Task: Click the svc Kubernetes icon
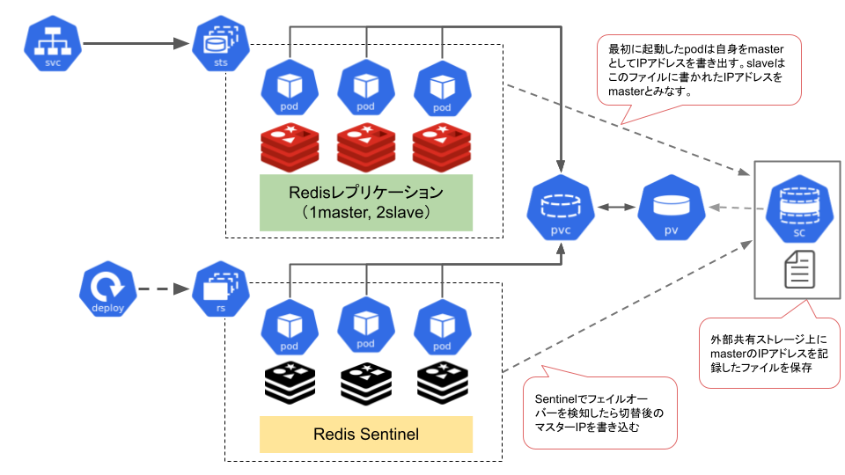pyautogui.click(x=53, y=43)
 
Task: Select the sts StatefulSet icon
pyautogui.click(x=217, y=43)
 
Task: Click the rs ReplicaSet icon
pyautogui.click(x=217, y=289)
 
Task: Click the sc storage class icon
pyautogui.click(x=797, y=209)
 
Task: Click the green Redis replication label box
pyautogui.click(x=366, y=202)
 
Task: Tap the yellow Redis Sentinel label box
pyautogui.click(x=366, y=434)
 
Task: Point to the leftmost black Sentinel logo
pyautogui.click(x=290, y=381)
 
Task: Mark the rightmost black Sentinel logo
pyautogui.click(x=441, y=381)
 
